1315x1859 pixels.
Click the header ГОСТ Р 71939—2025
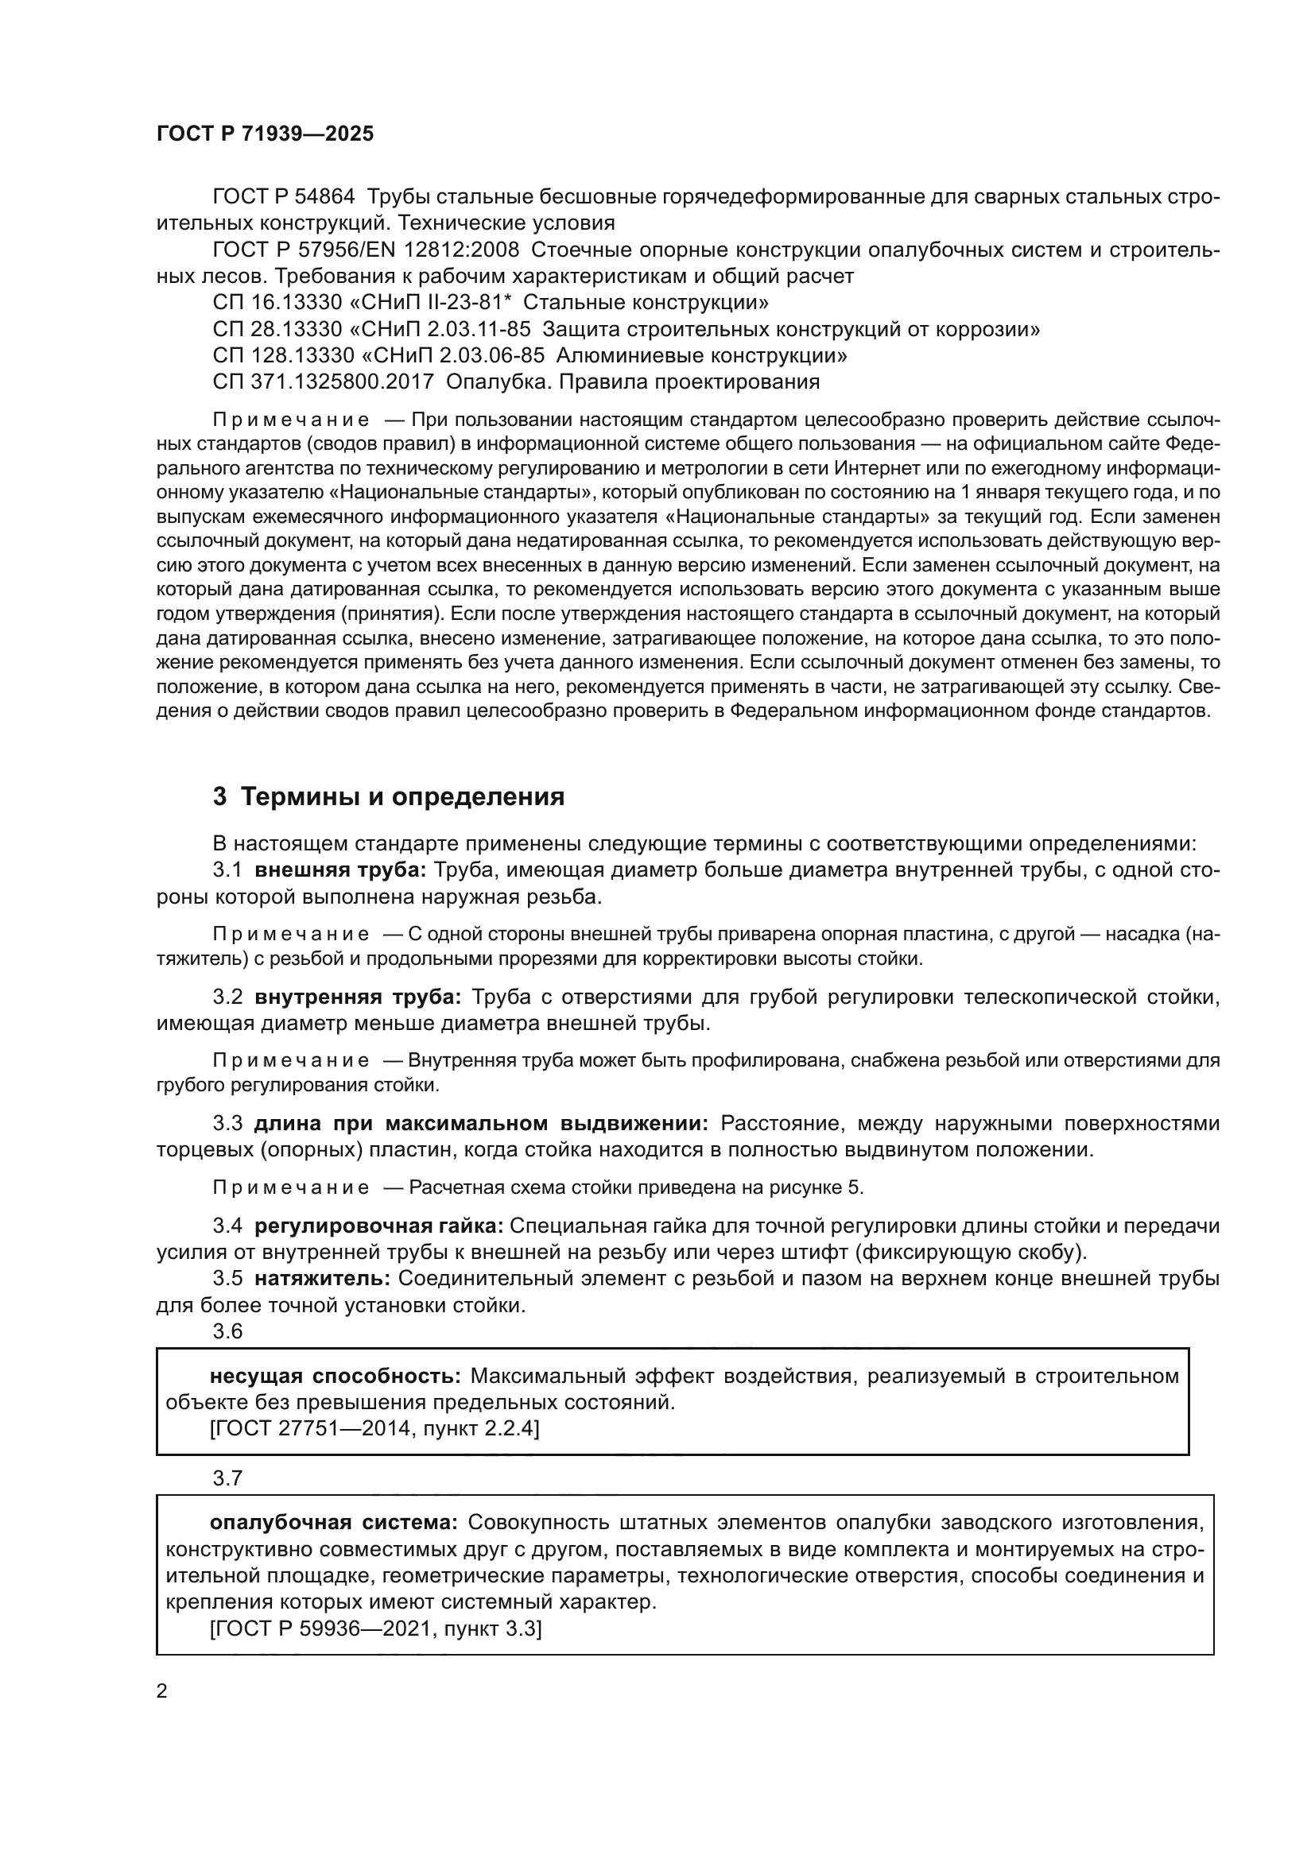click(265, 134)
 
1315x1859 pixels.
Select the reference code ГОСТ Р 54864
click(283, 197)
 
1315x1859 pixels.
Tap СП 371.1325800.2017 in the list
click(324, 381)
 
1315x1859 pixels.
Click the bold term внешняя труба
click(340, 870)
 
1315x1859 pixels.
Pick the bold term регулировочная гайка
click(379, 1226)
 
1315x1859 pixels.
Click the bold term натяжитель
click(322, 1280)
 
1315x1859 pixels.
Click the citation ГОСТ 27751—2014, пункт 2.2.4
click(374, 1429)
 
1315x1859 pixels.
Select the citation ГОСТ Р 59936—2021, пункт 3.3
click(376, 1629)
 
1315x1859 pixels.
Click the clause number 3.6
click(227, 1332)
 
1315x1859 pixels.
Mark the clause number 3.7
click(227, 1478)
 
